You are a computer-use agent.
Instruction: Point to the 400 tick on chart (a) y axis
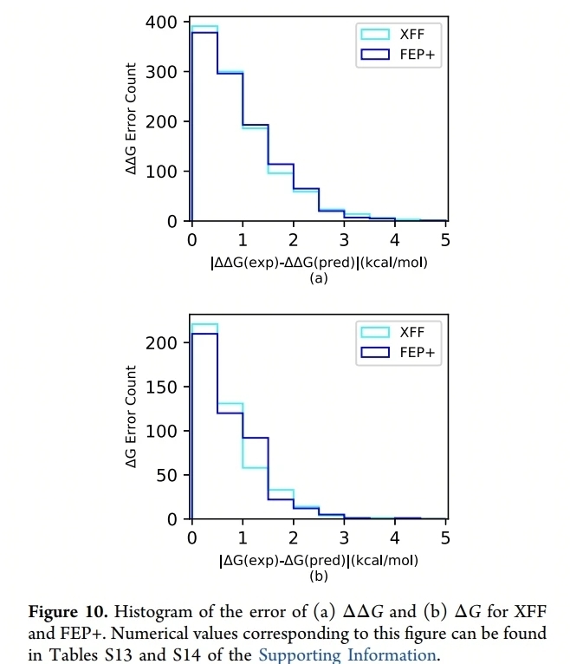[x=166, y=22]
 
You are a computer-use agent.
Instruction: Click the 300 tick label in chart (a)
[x=166, y=72]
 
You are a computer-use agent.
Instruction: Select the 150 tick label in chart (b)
[x=166, y=387]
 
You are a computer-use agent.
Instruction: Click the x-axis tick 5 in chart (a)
[x=445, y=238]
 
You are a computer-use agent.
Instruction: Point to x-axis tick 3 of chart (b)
[x=344, y=537]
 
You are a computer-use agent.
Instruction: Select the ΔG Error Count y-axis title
[x=131, y=417]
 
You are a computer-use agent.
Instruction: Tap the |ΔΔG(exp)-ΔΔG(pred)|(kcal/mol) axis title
[x=319, y=262]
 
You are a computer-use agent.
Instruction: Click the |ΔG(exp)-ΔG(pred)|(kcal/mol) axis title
[x=319, y=560]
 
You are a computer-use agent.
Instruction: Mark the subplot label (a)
[x=319, y=278]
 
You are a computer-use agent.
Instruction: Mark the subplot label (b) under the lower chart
[x=319, y=576]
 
